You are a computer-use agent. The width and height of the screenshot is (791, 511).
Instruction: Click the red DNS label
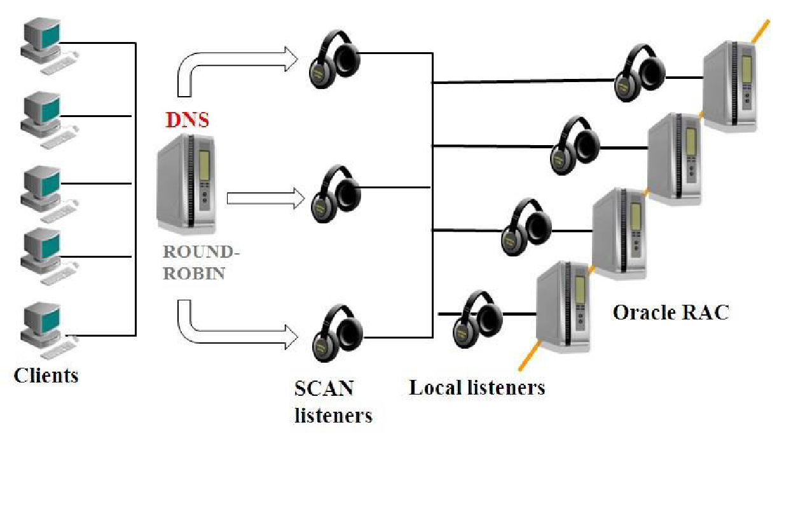(x=188, y=120)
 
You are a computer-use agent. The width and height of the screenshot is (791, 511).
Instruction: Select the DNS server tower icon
(x=186, y=184)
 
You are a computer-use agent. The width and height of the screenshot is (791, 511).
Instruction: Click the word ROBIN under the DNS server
(x=194, y=274)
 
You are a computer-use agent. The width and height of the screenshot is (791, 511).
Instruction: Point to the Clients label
(x=46, y=375)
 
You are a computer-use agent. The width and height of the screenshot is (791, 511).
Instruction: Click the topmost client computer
(x=49, y=46)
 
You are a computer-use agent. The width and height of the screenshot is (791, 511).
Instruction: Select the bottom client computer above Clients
(x=49, y=330)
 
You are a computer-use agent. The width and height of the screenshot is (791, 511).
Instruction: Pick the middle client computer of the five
(x=49, y=194)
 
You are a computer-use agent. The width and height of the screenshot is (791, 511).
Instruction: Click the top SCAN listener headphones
(x=334, y=59)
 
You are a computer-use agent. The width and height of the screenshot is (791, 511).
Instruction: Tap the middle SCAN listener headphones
(x=336, y=193)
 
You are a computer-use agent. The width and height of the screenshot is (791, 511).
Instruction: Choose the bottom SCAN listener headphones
(x=338, y=333)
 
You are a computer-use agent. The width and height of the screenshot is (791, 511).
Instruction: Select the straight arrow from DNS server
(x=266, y=199)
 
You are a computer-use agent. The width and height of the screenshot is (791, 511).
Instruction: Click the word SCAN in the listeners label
(x=324, y=388)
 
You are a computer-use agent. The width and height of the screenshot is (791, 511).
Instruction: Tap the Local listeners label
(x=477, y=388)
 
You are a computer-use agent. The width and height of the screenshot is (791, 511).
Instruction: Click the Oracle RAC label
(x=671, y=312)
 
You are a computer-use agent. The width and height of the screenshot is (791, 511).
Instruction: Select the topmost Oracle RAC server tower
(x=730, y=87)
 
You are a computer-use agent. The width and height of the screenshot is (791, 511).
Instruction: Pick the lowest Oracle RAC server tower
(x=563, y=307)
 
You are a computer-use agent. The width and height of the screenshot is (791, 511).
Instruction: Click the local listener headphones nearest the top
(x=640, y=73)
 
